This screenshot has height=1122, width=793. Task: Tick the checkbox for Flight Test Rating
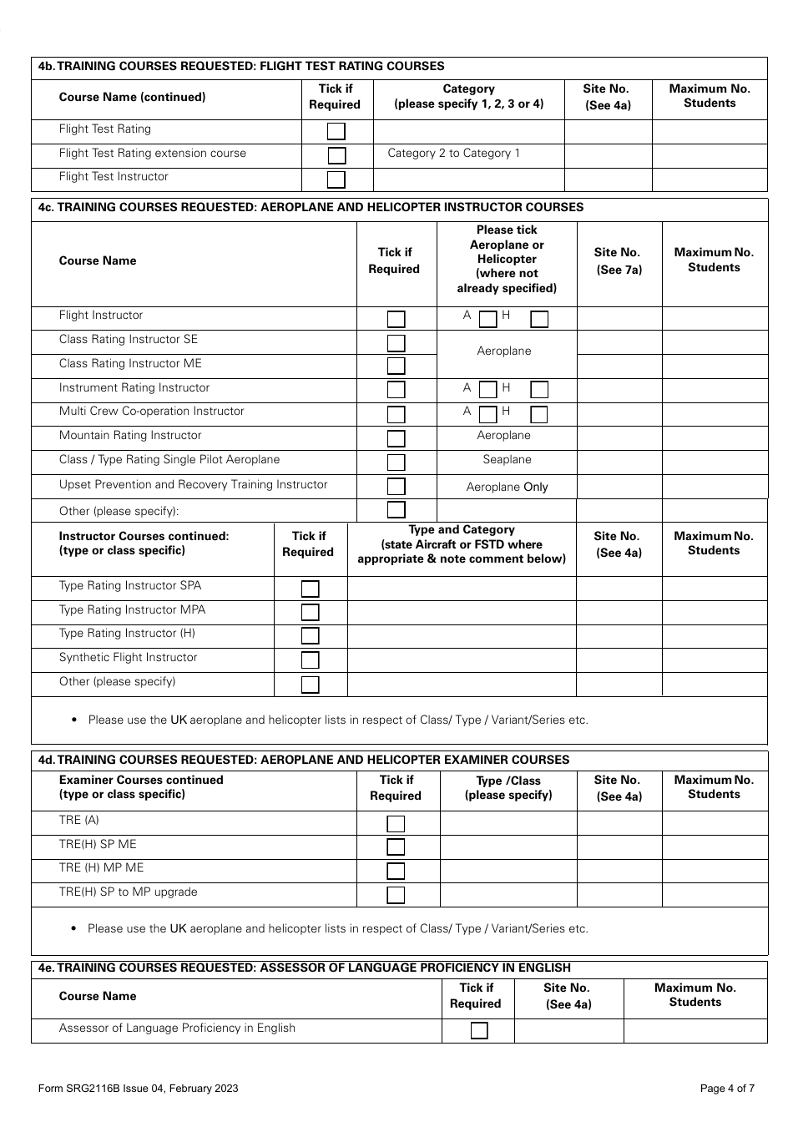pos(336,131)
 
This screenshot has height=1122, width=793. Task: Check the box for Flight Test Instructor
pos(336,179)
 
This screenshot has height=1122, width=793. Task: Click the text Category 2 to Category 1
pos(453,154)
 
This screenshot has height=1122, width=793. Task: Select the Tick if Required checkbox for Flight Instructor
pos(396,319)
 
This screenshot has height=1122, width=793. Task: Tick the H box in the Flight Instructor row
pos(539,319)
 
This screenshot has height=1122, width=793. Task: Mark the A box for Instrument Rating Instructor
pos(488,390)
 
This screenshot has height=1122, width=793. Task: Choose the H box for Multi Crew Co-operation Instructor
pos(539,414)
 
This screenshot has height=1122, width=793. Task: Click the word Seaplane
pos(507,460)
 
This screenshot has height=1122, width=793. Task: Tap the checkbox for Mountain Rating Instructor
pos(396,438)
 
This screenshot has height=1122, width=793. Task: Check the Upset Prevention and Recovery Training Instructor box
pos(396,487)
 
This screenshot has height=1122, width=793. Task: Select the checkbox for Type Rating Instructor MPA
pos(311,612)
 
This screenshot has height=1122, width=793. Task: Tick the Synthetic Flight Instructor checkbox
pos(311,660)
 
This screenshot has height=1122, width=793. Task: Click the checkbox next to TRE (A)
pos(396,823)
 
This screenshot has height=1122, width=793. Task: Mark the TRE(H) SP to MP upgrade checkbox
pos(396,895)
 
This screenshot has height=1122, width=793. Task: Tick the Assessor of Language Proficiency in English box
pos(479,1031)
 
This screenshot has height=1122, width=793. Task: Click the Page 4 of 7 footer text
pos(727,1088)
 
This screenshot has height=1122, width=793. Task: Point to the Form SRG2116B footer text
pos(138,1088)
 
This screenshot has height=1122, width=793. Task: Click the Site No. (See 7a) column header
pos(619,261)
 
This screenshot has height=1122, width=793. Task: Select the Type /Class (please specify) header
pos(508,788)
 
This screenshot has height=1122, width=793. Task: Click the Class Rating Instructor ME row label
pos(130,364)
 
